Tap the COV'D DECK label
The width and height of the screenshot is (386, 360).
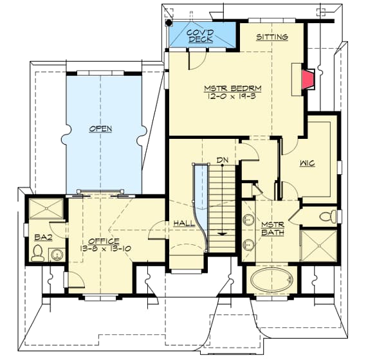[x=201, y=36]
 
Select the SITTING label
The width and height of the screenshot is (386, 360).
[x=272, y=37]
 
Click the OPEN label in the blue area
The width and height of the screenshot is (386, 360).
[x=100, y=129]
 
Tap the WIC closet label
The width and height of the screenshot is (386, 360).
[x=308, y=163]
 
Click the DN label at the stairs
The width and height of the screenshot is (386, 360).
[x=222, y=159]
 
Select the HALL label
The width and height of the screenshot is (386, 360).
[x=184, y=223]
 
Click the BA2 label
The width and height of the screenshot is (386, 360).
[x=43, y=237]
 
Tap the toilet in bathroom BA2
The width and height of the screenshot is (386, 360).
[x=39, y=252]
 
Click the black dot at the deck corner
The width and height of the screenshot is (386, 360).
[x=169, y=22]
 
